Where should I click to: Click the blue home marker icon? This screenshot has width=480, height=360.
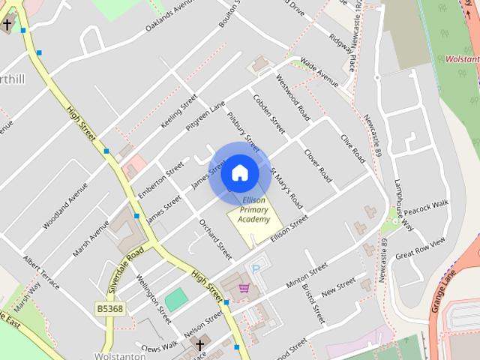[x=239, y=172]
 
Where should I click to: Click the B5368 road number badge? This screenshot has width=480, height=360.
[x=109, y=308]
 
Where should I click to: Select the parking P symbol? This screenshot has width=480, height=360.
[x=256, y=268]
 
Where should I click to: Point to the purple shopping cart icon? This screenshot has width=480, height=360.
[x=244, y=288]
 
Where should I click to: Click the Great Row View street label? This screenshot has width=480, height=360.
[x=420, y=247]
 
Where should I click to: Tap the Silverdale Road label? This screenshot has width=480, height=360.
[x=124, y=271]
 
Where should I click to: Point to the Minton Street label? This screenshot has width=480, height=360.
[x=307, y=275]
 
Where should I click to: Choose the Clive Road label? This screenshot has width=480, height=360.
[x=352, y=148]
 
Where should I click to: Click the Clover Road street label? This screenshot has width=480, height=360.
[x=317, y=164]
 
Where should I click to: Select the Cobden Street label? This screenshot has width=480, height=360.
[x=268, y=115]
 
